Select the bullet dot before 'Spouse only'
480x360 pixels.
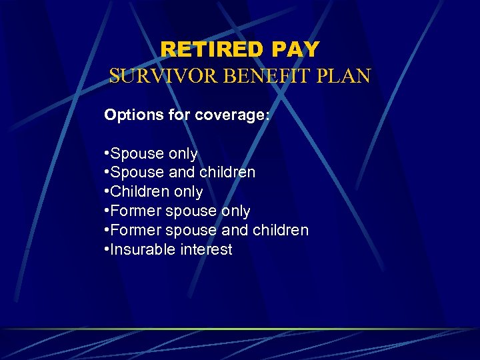pyautogui.click(x=107, y=154)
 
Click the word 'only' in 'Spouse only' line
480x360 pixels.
pyautogui.click(x=183, y=154)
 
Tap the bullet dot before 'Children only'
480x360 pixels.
pyautogui.click(x=107, y=192)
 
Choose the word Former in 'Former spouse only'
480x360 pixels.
pyautogui.click(x=136, y=211)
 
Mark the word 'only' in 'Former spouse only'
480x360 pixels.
pyautogui.click(x=235, y=211)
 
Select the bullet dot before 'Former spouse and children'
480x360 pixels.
pyautogui.click(x=107, y=231)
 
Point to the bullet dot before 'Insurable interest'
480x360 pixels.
pyautogui.click(x=107, y=250)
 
